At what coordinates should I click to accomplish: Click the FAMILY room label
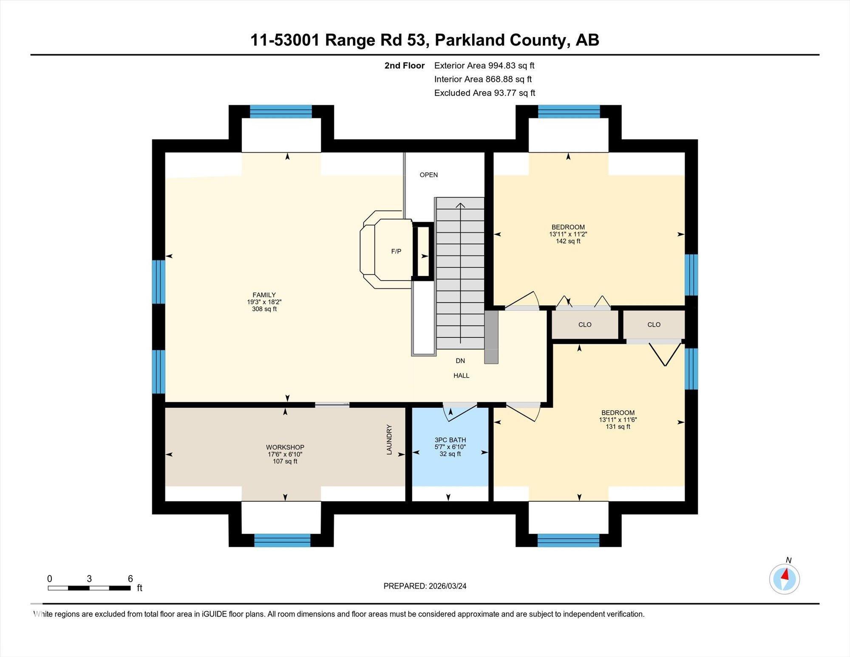[264, 295]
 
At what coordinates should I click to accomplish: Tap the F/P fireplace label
[396, 251]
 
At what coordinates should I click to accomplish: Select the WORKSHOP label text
[285, 447]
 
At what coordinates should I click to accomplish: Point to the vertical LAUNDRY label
[389, 440]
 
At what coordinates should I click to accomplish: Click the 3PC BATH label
[450, 440]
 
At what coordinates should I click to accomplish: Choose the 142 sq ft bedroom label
[568, 234]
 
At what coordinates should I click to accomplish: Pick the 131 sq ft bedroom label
[618, 419]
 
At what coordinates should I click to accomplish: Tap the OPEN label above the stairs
[428, 175]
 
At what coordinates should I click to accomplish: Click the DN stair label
[460, 361]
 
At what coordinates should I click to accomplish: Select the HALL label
[461, 375]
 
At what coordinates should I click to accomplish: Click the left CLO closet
[585, 324]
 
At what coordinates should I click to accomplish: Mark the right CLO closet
[654, 324]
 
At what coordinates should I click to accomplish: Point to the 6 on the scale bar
[130, 578]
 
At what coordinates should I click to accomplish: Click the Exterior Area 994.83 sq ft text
[484, 65]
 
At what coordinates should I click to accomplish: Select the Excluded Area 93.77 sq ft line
[484, 93]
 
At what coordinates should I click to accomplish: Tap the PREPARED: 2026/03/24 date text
[425, 586]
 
